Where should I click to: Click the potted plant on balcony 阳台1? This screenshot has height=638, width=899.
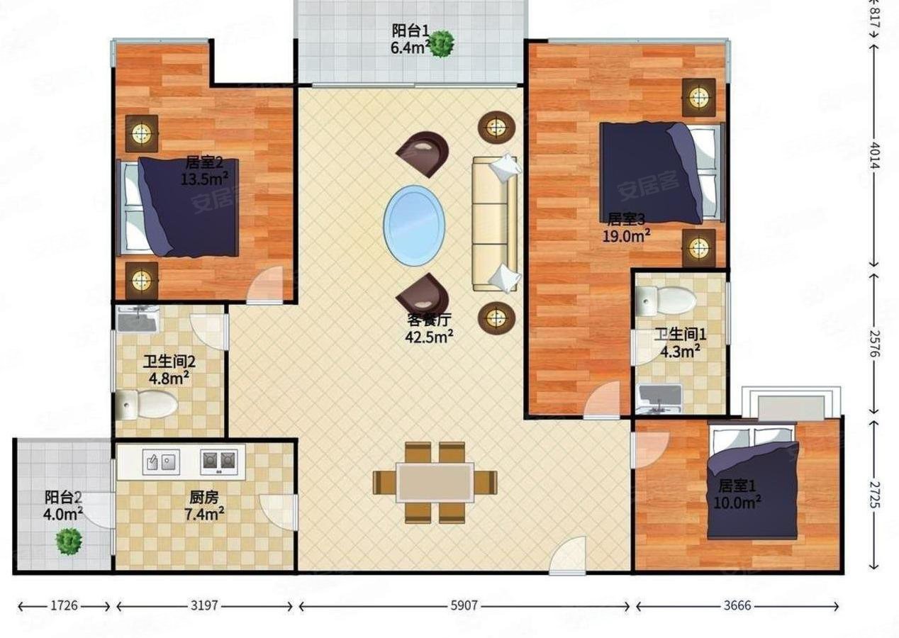tap(442, 44)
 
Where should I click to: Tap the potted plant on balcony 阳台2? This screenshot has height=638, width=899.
tap(69, 542)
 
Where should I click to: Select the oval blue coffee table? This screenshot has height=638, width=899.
tap(414, 225)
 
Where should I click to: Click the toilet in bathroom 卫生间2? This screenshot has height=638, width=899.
tap(147, 404)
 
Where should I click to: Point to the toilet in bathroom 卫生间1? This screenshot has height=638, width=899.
tap(666, 300)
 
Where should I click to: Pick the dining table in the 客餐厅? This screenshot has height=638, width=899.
tap(435, 483)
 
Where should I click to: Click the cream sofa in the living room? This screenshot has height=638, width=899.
tap(494, 223)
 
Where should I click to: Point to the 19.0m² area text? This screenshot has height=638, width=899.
tap(627, 236)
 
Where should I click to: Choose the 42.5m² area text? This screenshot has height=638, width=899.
tap(429, 337)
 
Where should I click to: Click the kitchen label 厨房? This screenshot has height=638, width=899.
tap(204, 498)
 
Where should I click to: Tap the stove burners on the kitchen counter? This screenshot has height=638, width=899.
tap(219, 462)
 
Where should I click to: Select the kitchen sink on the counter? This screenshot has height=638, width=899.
tap(161, 462)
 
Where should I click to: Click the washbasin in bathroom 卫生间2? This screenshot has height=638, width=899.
tap(138, 318)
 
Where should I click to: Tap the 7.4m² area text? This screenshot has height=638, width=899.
tap(204, 514)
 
